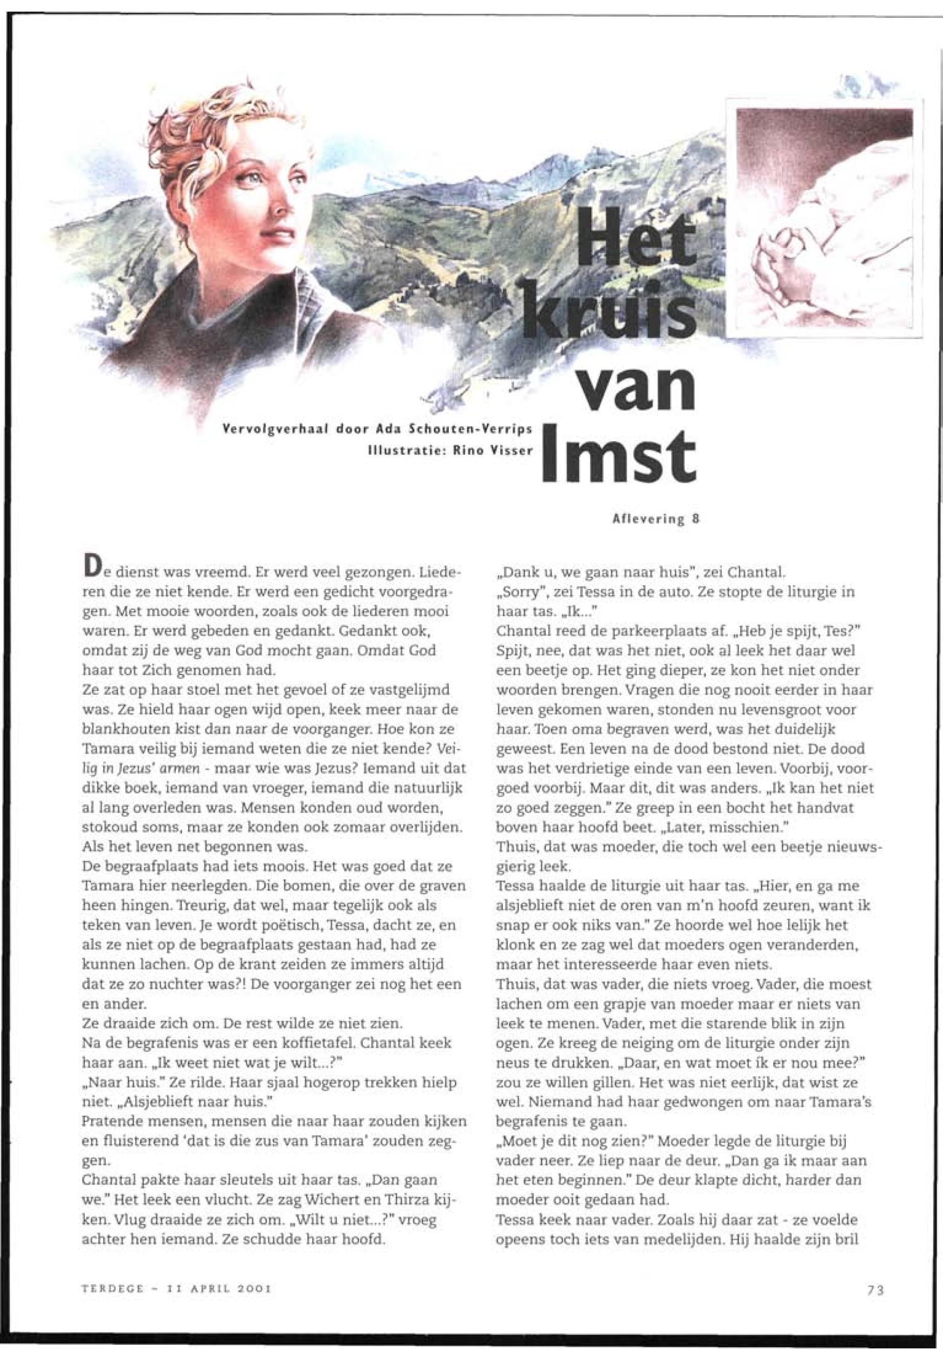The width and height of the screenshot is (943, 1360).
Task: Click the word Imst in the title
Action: (x=618, y=456)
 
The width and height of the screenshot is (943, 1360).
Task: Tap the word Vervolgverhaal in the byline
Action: (x=270, y=428)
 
